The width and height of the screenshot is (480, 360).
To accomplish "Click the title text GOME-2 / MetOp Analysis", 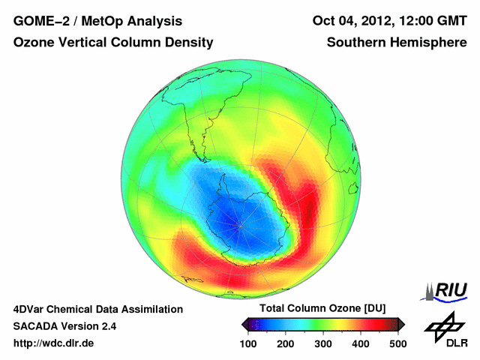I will pos(97,21).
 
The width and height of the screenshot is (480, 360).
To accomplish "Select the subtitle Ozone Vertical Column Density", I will pos(113,43).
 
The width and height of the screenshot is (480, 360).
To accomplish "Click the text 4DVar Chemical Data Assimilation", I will pos(97,309).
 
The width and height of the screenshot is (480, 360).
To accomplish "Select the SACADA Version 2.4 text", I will pos(64,326).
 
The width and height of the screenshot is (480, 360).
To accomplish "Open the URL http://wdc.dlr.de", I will pos(54,343).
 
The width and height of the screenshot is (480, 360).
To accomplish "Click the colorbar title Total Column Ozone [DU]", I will pos(322,309).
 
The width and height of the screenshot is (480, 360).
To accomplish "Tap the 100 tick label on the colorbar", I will pos(249,343).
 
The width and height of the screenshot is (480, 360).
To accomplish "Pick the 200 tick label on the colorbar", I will pos(286,343).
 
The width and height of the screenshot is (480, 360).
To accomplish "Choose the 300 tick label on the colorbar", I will pos(323,343).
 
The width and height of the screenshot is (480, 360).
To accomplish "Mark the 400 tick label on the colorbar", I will pos(361,343).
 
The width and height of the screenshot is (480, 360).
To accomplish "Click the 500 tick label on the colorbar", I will pos(397,343).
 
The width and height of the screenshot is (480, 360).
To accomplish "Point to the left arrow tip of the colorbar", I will pos(244,324).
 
